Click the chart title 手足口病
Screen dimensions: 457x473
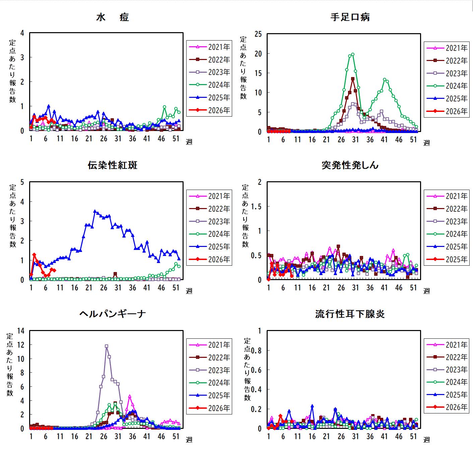pyautogui.click(x=350, y=17)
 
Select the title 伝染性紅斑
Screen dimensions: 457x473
pyautogui.click(x=112, y=165)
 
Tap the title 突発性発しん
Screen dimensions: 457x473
pyautogui.click(x=350, y=165)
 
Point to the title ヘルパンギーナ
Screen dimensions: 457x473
pyautogui.click(x=112, y=314)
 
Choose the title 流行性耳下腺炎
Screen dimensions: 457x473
pyautogui.click(x=350, y=314)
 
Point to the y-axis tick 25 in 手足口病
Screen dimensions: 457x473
pyautogui.click(x=258, y=34)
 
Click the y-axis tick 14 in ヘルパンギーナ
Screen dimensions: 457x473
pyautogui.click(x=21, y=331)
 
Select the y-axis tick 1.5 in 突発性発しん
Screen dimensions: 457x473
pyautogui.click(x=256, y=207)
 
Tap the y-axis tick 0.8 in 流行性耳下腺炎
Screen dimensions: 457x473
pyautogui.click(x=256, y=351)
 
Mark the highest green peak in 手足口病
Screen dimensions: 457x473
pyautogui.click(x=352, y=54)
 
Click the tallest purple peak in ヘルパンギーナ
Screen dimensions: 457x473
pyautogui.click(x=107, y=346)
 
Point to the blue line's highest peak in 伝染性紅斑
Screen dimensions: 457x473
pyautogui.click(x=95, y=211)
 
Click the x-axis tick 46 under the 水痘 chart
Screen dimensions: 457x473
pyautogui.click(x=161, y=139)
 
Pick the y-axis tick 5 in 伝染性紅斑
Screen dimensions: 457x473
pyautogui.click(x=22, y=182)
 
